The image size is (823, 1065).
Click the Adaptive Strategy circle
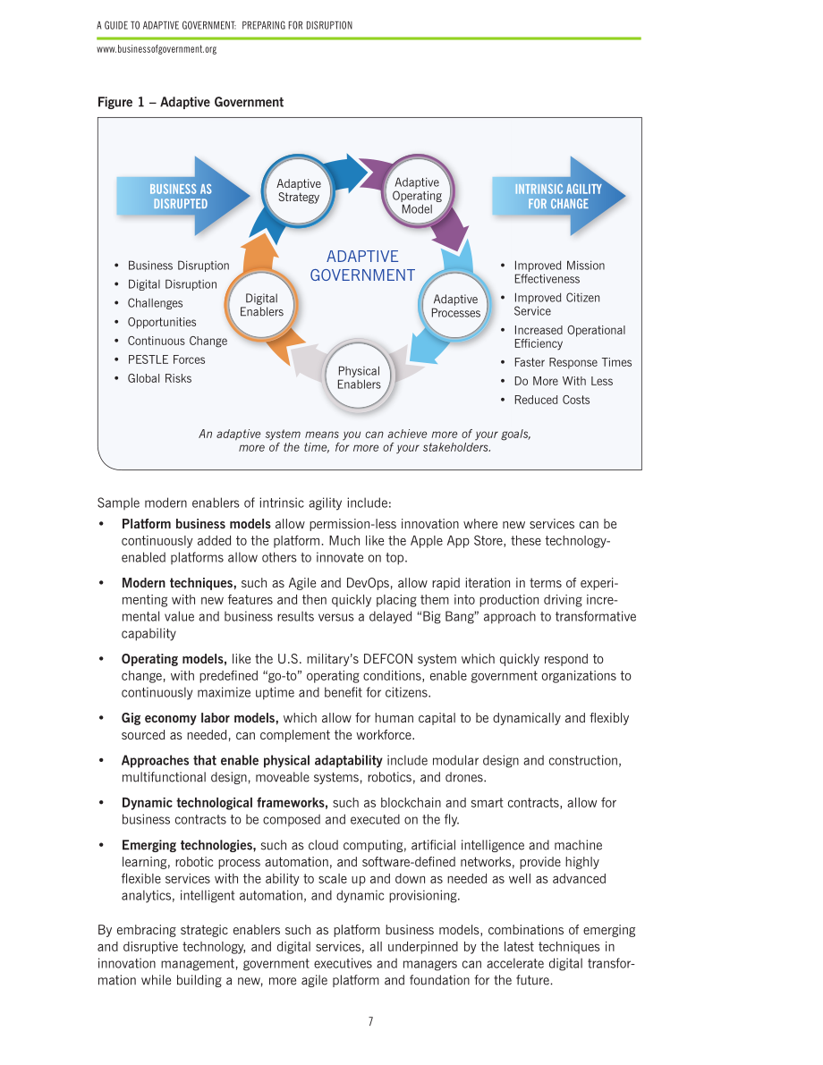tap(299, 190)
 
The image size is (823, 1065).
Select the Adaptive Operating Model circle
tap(417, 190)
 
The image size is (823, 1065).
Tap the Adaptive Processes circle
tap(455, 307)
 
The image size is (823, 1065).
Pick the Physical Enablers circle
tap(359, 377)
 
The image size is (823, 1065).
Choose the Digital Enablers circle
tap(261, 306)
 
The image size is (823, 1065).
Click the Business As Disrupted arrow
tap(182, 197)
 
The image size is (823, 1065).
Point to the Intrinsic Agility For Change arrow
tap(558, 197)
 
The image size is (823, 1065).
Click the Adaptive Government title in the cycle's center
tap(362, 266)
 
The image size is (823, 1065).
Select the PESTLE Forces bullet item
tap(165, 360)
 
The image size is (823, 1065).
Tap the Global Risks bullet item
tap(159, 379)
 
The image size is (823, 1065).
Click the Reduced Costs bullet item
tap(551, 400)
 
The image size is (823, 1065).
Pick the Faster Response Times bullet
tap(573, 363)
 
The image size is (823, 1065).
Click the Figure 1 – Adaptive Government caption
tap(191, 102)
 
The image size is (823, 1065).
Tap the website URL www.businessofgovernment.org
tap(157, 49)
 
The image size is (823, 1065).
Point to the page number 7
tap(370, 1021)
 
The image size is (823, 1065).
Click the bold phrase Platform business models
tap(196, 524)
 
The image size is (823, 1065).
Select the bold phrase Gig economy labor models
tap(199, 719)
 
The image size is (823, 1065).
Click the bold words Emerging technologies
tap(188, 846)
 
